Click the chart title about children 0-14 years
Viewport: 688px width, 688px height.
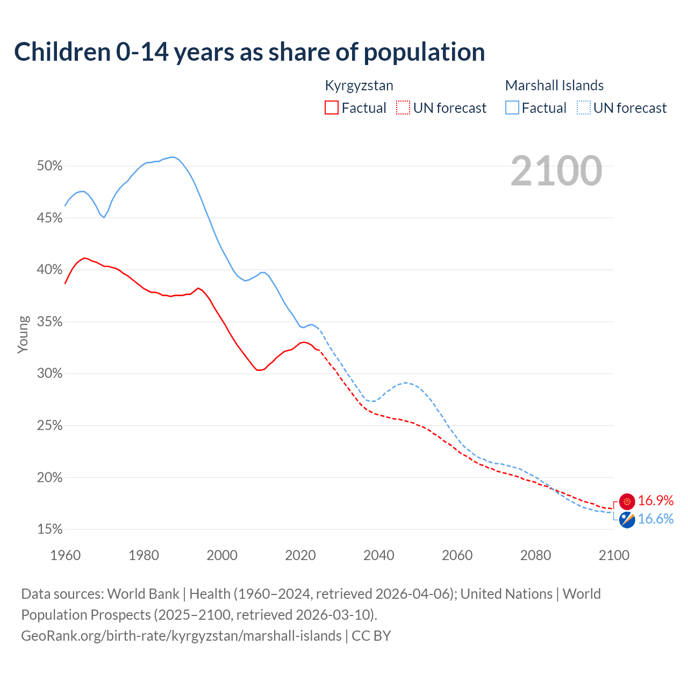[249, 52]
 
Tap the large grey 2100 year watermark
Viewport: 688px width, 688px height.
[556, 171]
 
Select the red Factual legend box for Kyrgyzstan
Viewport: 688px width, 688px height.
[332, 108]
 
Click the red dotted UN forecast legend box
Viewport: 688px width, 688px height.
[403, 108]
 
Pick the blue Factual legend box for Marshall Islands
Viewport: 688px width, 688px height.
[512, 108]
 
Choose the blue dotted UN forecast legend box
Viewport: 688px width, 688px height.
[583, 108]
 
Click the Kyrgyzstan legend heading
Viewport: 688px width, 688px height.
[359, 85]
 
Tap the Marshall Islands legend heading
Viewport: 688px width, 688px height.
[554, 85]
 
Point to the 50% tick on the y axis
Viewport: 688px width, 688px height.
[50, 166]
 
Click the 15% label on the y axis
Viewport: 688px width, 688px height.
[50, 529]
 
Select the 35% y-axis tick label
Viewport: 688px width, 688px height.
[50, 322]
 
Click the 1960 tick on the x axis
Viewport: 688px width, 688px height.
[65, 555]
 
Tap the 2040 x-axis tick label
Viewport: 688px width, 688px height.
[378, 555]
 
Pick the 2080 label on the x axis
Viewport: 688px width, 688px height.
[535, 555]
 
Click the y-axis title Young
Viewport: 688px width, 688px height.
[23, 334]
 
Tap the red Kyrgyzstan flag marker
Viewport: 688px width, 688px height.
[627, 501]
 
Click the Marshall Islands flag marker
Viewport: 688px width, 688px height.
[627, 520]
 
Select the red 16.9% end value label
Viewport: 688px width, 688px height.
[656, 501]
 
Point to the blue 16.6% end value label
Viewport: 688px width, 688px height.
[656, 519]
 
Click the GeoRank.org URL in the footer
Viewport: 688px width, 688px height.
[181, 636]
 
